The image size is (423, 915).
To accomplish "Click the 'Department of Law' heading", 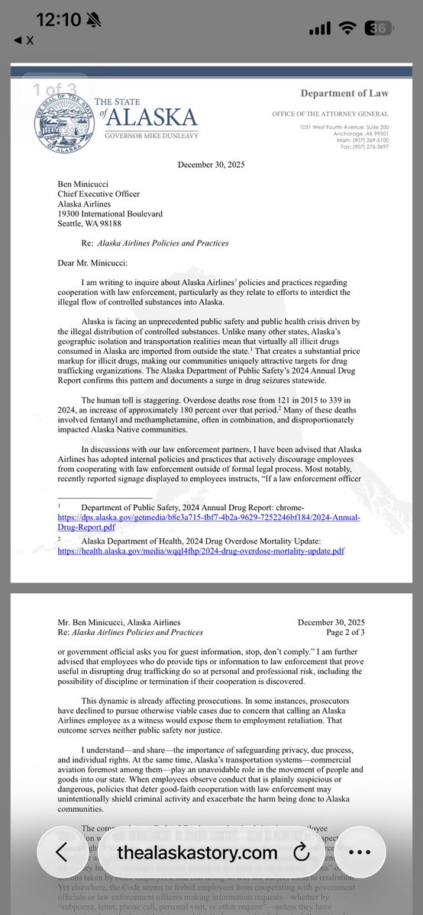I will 344,94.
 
